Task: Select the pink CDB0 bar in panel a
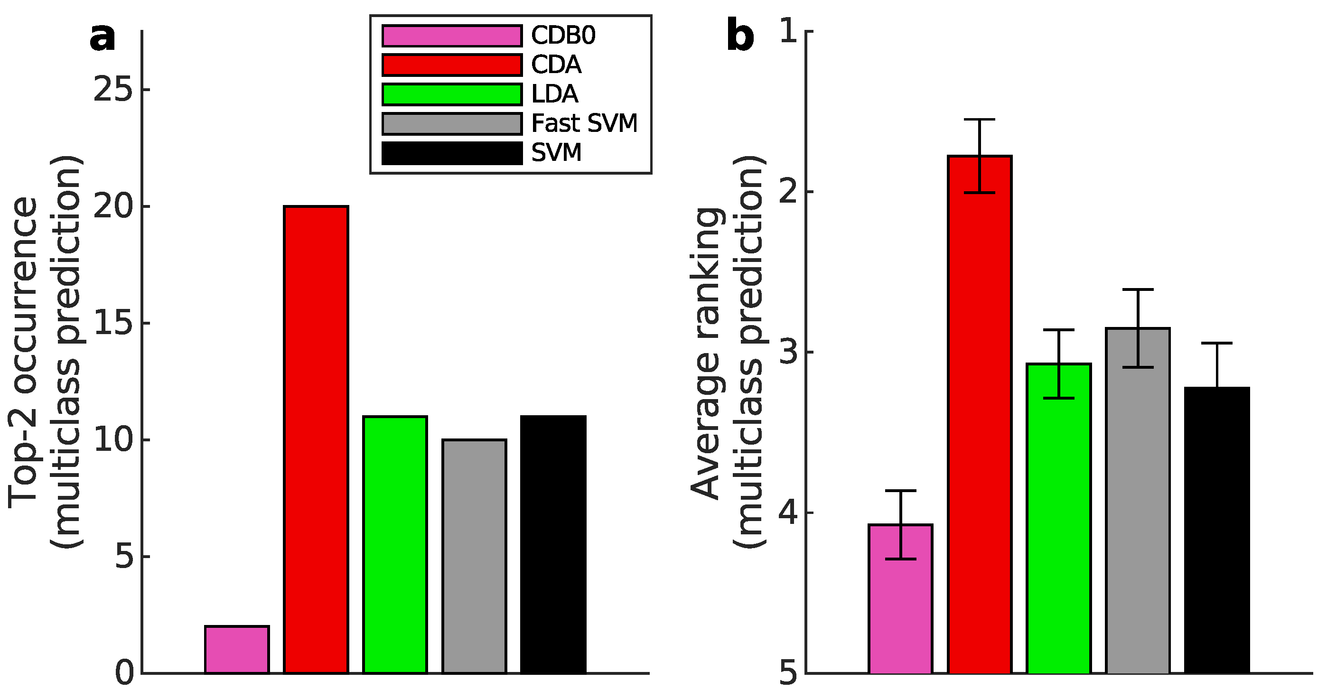(236, 649)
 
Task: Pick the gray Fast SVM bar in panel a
(474, 556)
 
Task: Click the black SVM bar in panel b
(1217, 530)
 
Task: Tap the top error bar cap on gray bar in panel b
(1138, 289)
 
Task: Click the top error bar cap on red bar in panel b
(979, 120)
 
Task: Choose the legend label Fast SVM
(584, 123)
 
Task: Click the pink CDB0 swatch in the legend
(452, 36)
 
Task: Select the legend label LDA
(555, 94)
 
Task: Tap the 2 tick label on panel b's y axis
(789, 192)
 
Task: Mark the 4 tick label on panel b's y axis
(789, 513)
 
